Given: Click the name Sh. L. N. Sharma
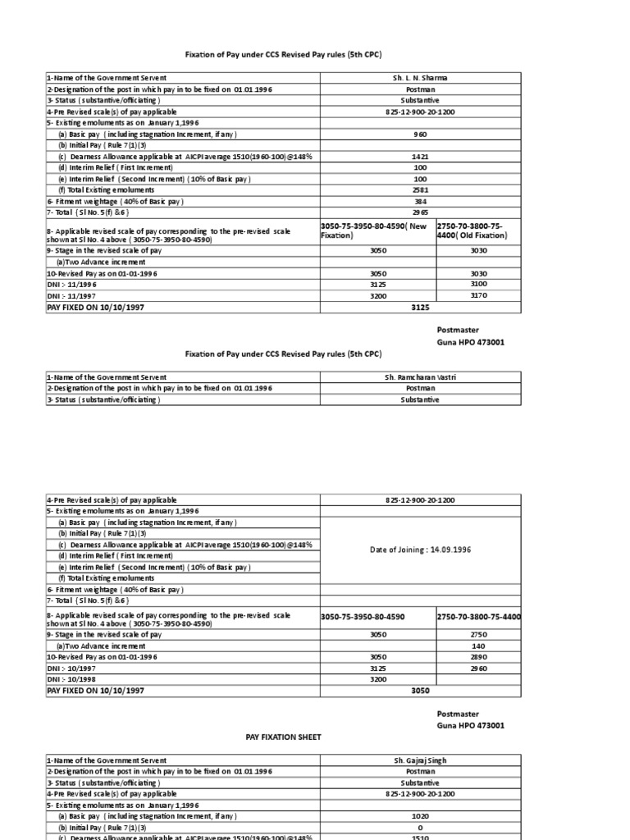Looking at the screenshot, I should [x=420, y=78].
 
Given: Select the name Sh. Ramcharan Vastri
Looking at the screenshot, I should [x=420, y=377].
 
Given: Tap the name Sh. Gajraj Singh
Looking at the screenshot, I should [x=420, y=760].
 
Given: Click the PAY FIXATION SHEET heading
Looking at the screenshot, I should [x=285, y=737].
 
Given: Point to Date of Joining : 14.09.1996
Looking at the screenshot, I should [x=420, y=550].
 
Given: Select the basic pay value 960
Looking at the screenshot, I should [x=420, y=133].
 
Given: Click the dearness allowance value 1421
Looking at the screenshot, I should [x=420, y=156].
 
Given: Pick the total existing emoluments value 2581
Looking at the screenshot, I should [x=420, y=189].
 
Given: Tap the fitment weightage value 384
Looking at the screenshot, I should [x=420, y=201].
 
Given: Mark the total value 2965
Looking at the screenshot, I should [x=420, y=212].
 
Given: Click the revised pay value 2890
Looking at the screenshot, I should [x=478, y=657].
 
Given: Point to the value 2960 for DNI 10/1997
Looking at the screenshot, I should [x=478, y=669].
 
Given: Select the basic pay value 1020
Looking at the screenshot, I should [x=420, y=816].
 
